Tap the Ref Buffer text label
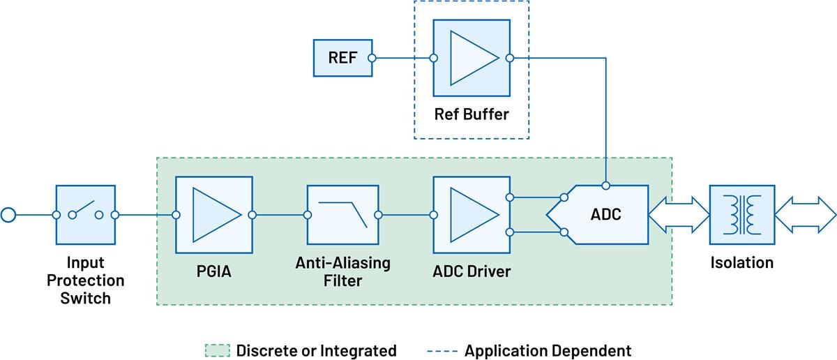click(471, 114)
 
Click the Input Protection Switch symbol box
click(85, 215)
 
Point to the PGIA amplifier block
click(213, 215)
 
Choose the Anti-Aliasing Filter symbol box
click(342, 215)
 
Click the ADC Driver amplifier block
click(471, 215)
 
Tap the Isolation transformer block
click(741, 215)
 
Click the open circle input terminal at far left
click(8, 215)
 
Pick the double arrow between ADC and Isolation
click(678, 215)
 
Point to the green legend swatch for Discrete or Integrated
click(216, 350)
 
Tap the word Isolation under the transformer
click(741, 263)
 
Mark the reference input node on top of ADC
click(606, 186)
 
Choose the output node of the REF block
click(372, 58)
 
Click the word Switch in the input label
click(85, 298)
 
